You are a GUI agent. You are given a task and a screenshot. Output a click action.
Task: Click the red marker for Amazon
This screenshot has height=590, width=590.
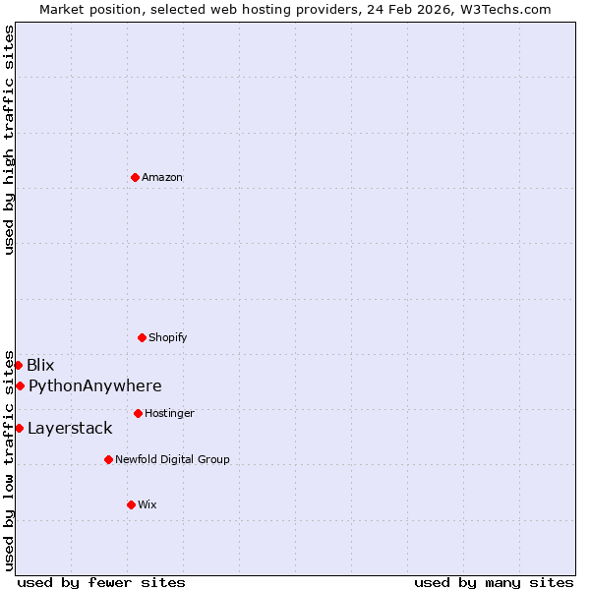click(135, 177)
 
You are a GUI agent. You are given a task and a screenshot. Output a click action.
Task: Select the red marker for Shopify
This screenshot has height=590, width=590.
click(142, 337)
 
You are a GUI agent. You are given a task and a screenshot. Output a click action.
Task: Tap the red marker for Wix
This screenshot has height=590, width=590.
click(131, 504)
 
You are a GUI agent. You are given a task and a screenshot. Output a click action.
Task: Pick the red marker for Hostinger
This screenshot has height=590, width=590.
click(138, 413)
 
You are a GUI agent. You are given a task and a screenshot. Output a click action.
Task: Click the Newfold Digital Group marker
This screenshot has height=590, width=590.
click(108, 459)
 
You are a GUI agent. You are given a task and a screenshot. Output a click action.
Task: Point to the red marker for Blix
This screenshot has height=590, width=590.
click(18, 365)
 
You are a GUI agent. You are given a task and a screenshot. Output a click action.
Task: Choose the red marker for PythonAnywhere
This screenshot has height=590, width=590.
click(20, 385)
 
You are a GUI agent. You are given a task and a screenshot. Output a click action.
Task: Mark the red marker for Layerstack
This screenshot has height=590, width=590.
click(19, 428)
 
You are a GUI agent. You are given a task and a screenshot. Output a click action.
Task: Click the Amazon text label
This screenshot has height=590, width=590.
click(162, 177)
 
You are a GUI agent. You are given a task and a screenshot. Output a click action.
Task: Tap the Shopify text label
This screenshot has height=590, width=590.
click(168, 337)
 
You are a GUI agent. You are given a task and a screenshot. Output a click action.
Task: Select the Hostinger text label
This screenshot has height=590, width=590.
click(169, 413)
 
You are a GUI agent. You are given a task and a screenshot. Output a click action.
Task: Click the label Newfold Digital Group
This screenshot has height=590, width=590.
click(172, 459)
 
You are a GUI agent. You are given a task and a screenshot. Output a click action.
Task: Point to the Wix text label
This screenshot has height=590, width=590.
click(147, 504)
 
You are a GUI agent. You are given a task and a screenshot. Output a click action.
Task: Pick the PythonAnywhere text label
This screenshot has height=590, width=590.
click(95, 385)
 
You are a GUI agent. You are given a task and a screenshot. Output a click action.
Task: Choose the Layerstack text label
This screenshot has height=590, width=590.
click(70, 428)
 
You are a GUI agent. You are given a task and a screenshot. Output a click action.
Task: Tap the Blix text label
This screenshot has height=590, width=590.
click(40, 365)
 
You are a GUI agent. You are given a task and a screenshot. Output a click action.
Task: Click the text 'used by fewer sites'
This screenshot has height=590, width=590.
click(101, 582)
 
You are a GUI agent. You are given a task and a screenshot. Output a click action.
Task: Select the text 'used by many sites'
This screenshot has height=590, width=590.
click(494, 582)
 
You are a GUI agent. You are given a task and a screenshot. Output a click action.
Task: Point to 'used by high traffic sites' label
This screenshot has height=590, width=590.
click(9, 140)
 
